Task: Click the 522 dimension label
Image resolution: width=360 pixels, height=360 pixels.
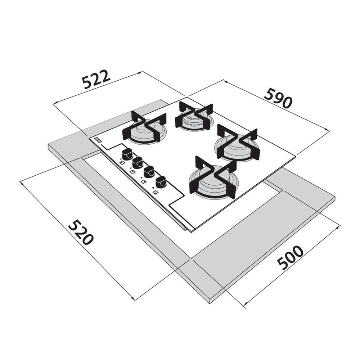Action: (x=95, y=80)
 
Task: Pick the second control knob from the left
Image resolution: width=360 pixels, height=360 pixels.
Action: (x=137, y=163)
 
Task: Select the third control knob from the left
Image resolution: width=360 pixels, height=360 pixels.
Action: (x=148, y=172)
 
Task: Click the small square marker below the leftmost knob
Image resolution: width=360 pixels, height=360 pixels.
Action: (x=122, y=163)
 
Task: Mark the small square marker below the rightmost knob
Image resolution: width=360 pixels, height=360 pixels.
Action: (x=155, y=192)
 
